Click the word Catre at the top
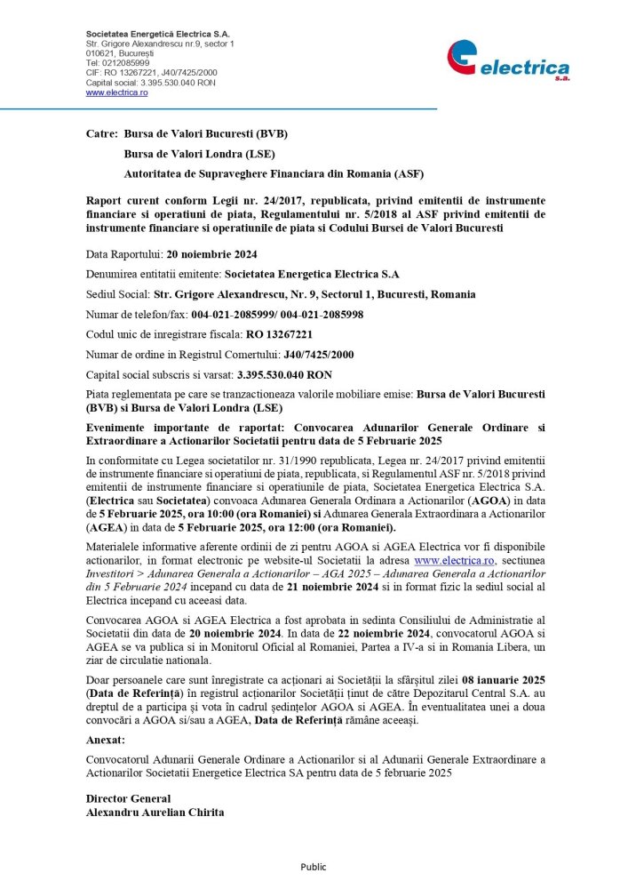(x=101, y=134)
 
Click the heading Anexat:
(x=106, y=740)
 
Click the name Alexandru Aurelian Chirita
(x=149, y=812)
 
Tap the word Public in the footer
(x=314, y=867)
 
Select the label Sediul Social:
(x=118, y=294)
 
